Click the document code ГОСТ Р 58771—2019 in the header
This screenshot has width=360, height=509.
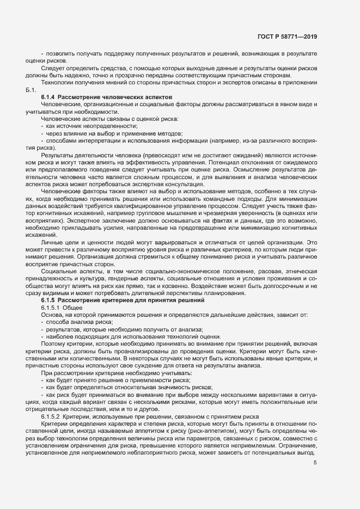[286, 37]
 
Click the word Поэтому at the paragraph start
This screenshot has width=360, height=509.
[55, 344]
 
